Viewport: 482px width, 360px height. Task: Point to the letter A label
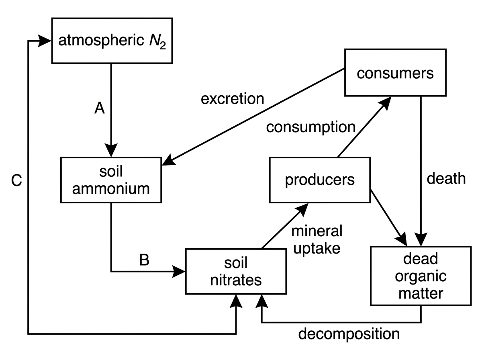click(100, 108)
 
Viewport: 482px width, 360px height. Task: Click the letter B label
click(144, 260)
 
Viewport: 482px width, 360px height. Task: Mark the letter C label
click(16, 180)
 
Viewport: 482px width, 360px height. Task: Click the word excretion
click(232, 99)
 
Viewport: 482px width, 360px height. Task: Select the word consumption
click(311, 127)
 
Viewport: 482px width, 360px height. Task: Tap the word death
click(446, 178)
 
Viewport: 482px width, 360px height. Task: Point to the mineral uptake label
click(317, 240)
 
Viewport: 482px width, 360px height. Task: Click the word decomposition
click(349, 334)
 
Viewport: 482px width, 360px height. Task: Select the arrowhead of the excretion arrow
click(169, 160)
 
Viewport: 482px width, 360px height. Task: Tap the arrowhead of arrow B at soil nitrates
click(178, 272)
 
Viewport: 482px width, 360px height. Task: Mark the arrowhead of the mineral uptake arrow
click(302, 210)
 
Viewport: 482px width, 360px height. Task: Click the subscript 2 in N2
click(163, 46)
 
